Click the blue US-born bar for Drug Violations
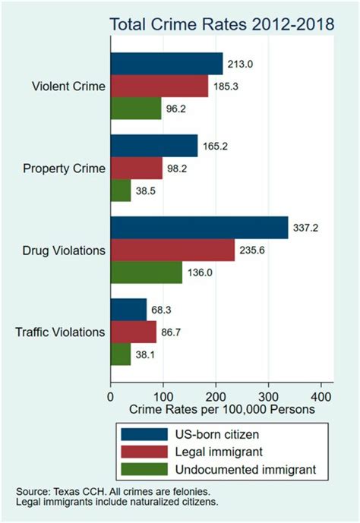tap(199, 228)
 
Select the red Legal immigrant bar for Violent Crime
tap(159, 87)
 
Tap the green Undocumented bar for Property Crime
tap(121, 190)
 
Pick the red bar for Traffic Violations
tap(134, 332)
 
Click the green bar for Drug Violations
tap(147, 272)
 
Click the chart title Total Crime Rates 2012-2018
tap(222, 24)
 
